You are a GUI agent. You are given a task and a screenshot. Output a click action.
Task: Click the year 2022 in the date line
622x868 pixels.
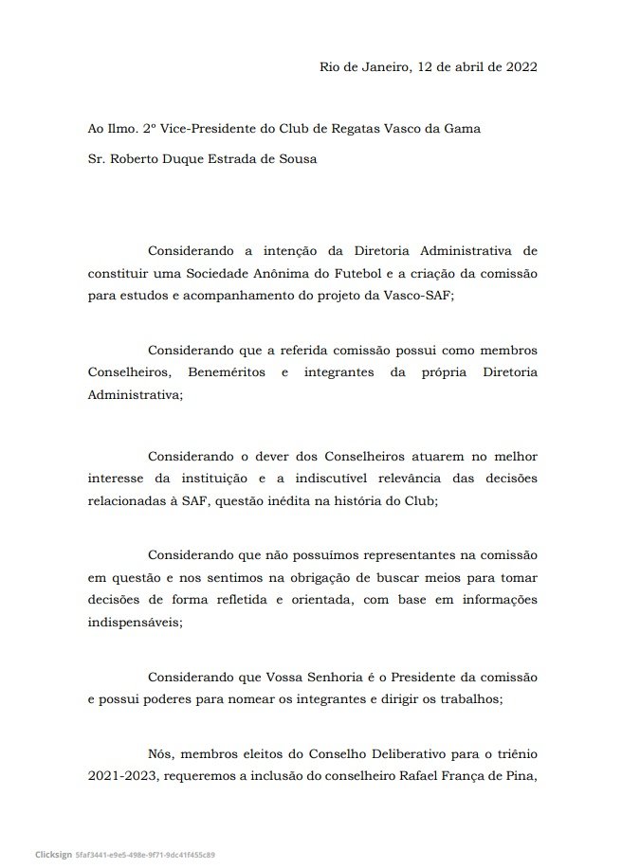[521, 67]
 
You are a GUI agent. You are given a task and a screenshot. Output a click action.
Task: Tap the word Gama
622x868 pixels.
[460, 128]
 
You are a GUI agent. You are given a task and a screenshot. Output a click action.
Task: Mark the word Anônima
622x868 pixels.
[265, 274]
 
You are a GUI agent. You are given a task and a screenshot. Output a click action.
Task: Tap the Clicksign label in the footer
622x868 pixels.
[48, 854]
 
